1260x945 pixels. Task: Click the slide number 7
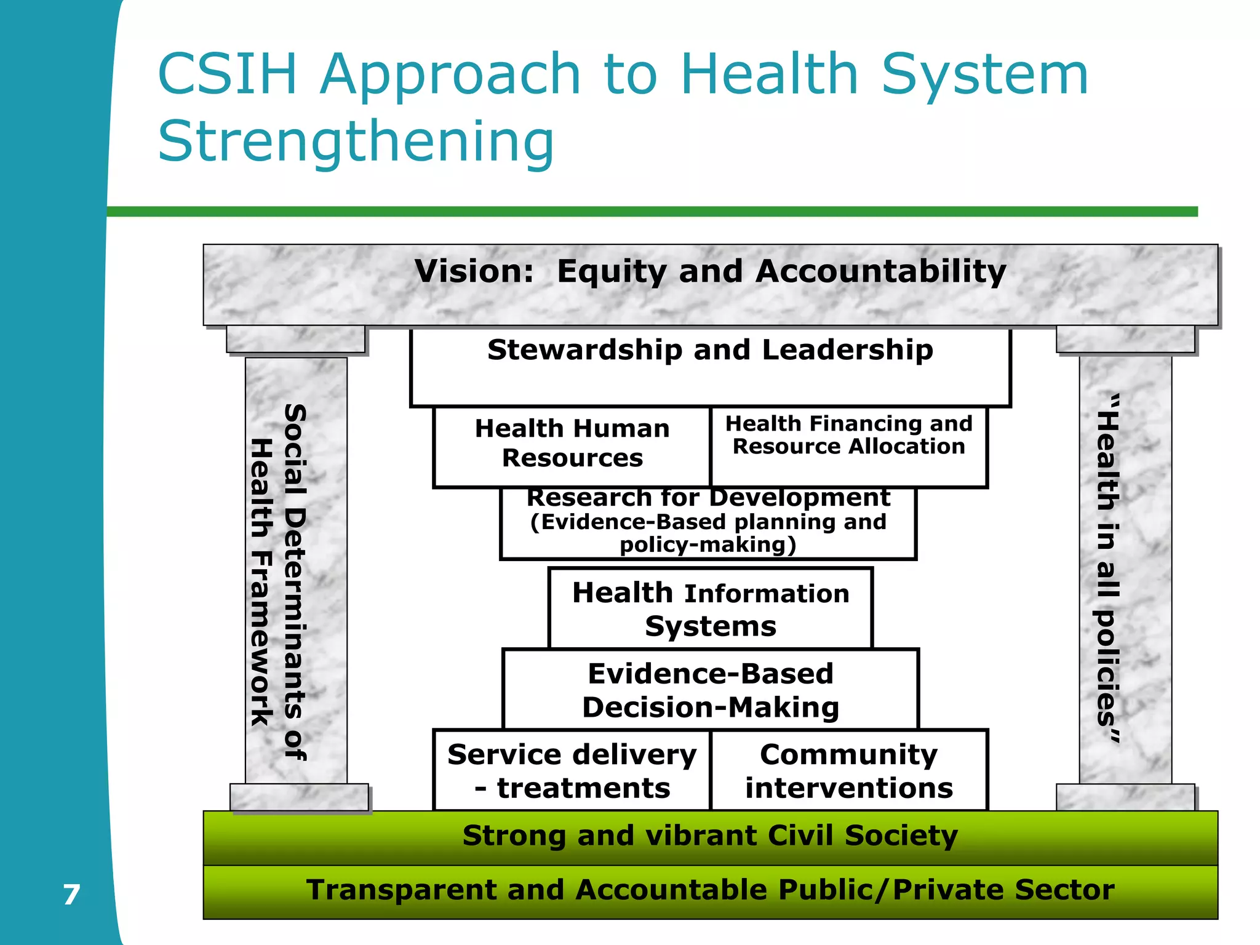[71, 894]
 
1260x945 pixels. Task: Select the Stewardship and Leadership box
[710, 367]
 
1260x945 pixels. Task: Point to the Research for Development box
[708, 522]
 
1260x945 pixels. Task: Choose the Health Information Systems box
[710, 608]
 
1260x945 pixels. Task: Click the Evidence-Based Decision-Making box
[710, 690]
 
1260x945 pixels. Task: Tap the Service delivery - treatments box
[572, 770]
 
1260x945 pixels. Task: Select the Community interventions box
[848, 770]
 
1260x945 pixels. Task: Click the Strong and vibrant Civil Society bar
[710, 837]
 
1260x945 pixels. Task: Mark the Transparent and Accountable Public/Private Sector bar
[710, 891]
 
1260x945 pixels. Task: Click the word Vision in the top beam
[473, 271]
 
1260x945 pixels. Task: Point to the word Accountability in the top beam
[880, 271]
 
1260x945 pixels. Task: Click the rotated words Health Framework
[262, 581]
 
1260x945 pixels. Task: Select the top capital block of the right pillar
[1125, 339]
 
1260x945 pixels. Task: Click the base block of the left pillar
[299, 797]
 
